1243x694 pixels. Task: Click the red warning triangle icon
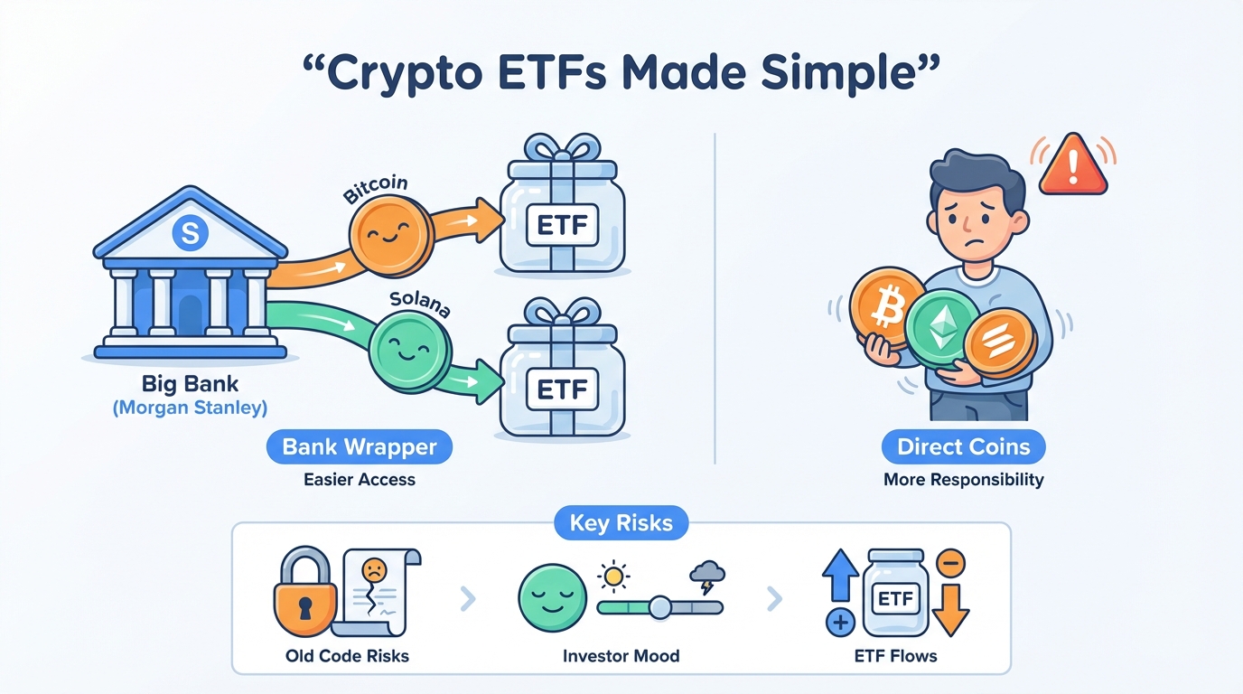[x=1072, y=167]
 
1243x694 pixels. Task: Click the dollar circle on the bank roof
[x=189, y=234]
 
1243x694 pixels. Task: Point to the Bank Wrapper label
[x=360, y=446]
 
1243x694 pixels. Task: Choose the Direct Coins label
[x=963, y=446]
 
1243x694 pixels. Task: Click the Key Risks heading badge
[x=621, y=523]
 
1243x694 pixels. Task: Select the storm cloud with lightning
[x=706, y=576]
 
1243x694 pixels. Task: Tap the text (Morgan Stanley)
[x=190, y=408]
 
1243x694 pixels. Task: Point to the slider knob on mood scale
[x=660, y=607]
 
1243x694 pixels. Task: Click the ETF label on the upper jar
[x=563, y=225]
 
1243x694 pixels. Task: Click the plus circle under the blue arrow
[x=840, y=623]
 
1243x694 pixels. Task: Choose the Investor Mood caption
[x=621, y=656]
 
